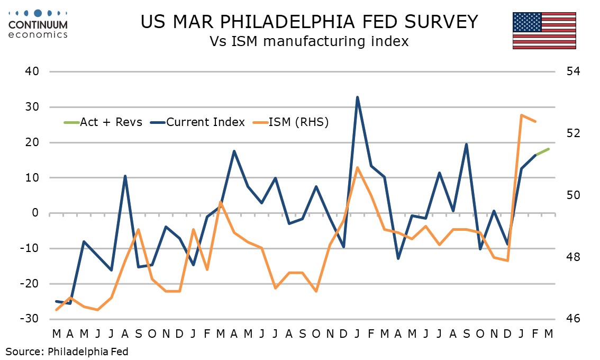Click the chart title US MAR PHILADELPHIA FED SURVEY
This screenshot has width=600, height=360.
click(310, 22)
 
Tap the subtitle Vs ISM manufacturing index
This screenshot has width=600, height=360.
click(310, 41)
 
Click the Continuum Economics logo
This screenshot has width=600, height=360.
click(38, 23)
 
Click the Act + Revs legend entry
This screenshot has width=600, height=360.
click(103, 122)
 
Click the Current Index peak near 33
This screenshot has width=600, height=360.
click(357, 97)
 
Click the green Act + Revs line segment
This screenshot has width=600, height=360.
click(542, 152)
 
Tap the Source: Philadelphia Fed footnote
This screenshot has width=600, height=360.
click(67, 351)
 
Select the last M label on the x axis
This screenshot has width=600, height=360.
click(549, 334)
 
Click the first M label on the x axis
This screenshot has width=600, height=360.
click(56, 334)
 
